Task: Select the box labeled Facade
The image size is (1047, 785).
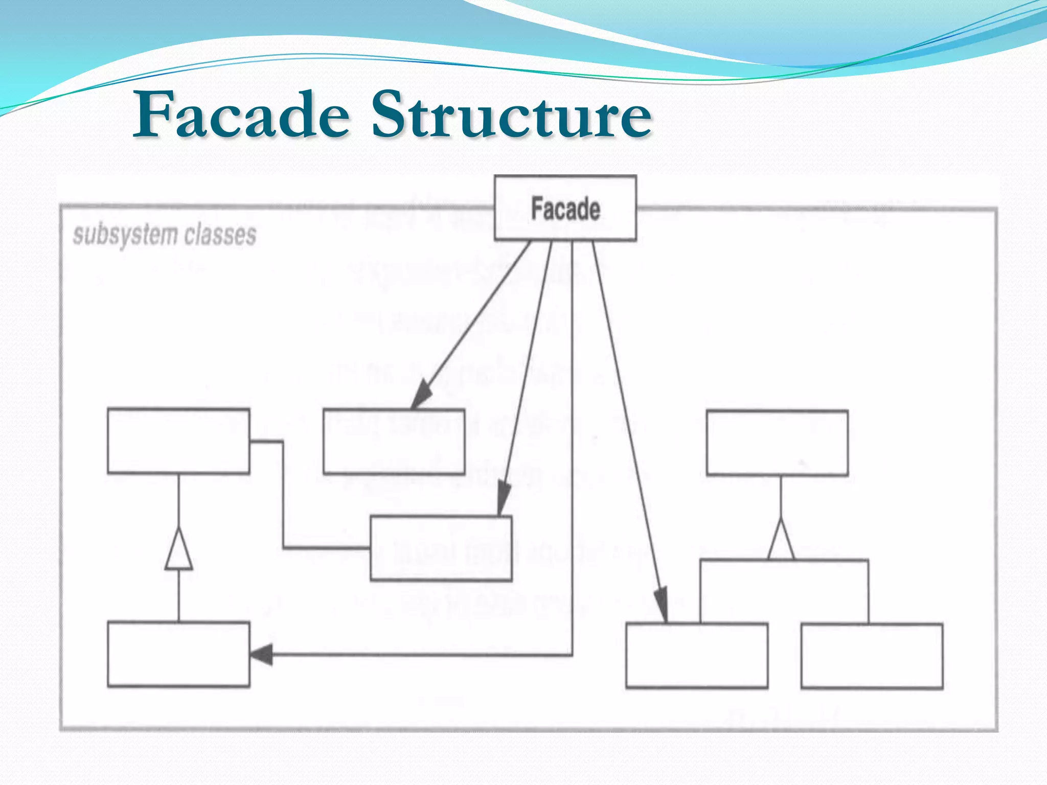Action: (565, 208)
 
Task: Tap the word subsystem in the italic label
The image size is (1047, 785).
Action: (125, 236)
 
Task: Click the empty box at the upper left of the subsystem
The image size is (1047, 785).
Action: (178, 441)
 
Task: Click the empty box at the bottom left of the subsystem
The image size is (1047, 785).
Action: (178, 654)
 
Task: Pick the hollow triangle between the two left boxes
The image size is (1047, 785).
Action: (178, 551)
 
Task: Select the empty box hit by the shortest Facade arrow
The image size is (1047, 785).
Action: (394, 442)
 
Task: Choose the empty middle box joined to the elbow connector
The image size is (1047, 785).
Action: (441, 548)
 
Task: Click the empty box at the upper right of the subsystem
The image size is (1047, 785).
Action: (777, 443)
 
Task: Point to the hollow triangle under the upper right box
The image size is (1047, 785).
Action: (781, 542)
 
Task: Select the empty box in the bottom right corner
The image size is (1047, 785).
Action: (872, 656)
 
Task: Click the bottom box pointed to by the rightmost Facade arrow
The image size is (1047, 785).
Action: (697, 656)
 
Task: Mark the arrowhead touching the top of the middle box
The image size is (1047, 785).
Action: (503, 498)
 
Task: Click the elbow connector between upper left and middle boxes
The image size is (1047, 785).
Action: (283, 496)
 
